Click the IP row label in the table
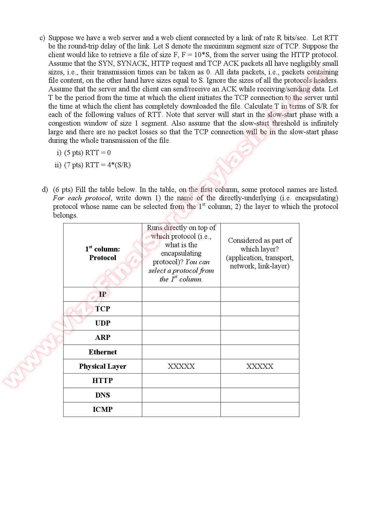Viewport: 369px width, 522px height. coord(102,294)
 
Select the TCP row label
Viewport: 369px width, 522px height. coord(102,309)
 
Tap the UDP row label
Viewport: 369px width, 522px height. coord(102,323)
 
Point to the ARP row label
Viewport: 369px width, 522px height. coord(102,337)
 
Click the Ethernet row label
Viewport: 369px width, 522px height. coord(102,352)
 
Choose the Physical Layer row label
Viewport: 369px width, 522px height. coord(102,366)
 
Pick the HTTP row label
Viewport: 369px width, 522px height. coord(102,381)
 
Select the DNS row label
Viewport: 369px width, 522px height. coord(102,395)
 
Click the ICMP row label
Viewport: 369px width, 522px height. coord(102,410)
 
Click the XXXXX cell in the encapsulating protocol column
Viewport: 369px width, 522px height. coord(181,366)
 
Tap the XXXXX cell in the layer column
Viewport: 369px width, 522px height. coord(260,366)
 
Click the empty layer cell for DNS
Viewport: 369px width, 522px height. coord(260,395)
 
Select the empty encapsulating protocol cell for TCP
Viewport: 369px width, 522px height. coord(181,309)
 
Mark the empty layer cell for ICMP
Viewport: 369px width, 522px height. coord(260,410)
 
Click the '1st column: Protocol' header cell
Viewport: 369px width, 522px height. coord(102,253)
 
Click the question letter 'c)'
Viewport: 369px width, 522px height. coord(42,38)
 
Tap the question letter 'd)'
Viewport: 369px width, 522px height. coord(45,190)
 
